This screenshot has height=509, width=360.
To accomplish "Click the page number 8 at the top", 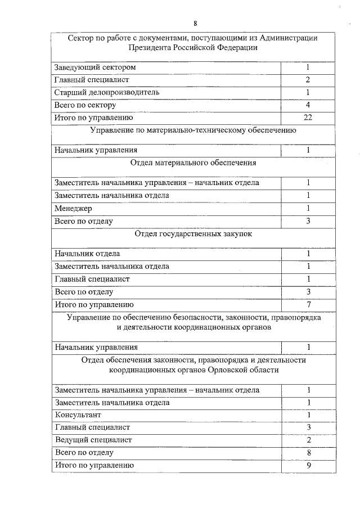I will point(195,23).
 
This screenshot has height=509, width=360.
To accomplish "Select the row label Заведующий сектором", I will point(95,67).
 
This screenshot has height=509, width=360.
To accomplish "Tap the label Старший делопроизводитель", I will point(107,92).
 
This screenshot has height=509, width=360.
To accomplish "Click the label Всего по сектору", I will point(85,105).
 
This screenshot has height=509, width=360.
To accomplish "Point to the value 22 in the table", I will point(308,118).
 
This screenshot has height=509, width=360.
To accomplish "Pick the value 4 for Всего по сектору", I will point(308,105).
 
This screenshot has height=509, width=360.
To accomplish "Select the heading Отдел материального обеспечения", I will point(193,163).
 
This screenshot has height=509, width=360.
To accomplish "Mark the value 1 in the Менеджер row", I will point(308,209).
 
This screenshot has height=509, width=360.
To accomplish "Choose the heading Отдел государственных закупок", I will point(193,233).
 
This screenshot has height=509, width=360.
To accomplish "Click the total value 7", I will point(308,304).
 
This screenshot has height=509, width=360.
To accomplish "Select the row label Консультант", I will point(78,415).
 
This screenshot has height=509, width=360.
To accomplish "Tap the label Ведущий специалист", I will point(93,440).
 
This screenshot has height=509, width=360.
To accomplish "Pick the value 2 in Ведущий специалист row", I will point(308,440).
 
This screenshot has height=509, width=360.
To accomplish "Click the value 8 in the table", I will point(308,452).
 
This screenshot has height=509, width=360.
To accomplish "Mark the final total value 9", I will point(308,465).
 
